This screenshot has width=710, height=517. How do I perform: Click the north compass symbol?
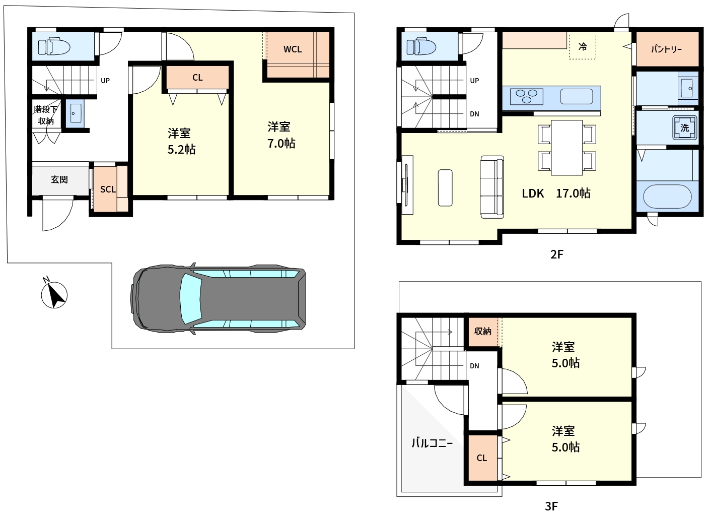pyautogui.click(x=54, y=295)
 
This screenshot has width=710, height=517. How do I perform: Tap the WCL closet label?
pyautogui.click(x=292, y=49)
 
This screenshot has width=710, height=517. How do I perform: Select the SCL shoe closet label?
pyautogui.click(x=108, y=189)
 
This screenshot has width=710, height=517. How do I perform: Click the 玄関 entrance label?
pyautogui.click(x=59, y=179)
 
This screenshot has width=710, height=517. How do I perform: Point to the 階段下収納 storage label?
pyautogui.click(x=46, y=115)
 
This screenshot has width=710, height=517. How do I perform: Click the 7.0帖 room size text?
pyautogui.click(x=281, y=144)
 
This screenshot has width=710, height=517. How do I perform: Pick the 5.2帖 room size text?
pyautogui.click(x=181, y=149)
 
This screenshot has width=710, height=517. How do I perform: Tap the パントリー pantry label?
pyautogui.click(x=666, y=49)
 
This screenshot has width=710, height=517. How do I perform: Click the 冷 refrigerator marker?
pyautogui.click(x=583, y=47)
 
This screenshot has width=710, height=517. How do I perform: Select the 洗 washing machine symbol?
pyautogui.click(x=685, y=128)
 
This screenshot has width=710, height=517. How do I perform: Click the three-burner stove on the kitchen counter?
pyautogui.click(x=527, y=96)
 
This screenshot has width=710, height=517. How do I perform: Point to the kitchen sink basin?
pyautogui.click(x=576, y=96)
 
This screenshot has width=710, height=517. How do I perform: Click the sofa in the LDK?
pyautogui.click(x=492, y=187)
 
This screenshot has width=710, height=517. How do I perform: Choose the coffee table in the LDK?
pyautogui.click(x=445, y=188)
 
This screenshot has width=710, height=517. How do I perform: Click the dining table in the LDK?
pyautogui.click(x=566, y=148)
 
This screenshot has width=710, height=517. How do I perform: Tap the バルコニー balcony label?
pyautogui.click(x=432, y=443)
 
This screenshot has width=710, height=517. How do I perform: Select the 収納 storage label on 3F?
pyautogui.click(x=482, y=331)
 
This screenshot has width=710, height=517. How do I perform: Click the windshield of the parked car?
pyautogui.click(x=191, y=298)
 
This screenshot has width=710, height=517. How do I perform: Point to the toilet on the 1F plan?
pyautogui.click(x=54, y=47)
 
